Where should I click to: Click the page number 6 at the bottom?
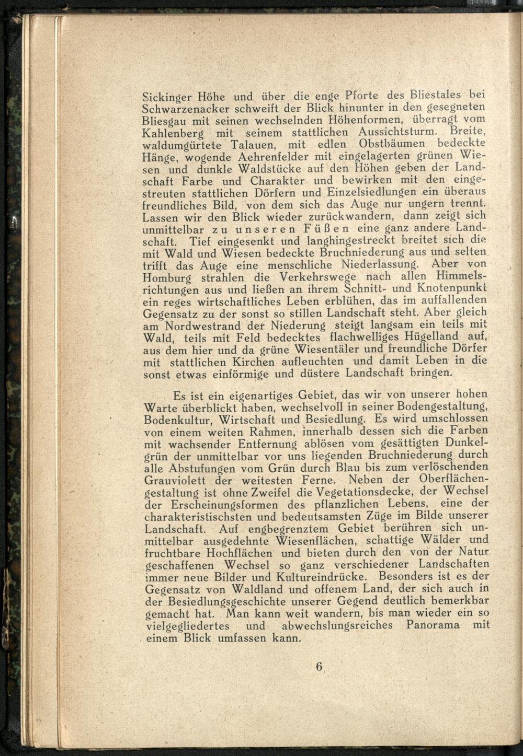tap(320, 667)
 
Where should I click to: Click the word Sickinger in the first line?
tap(169, 97)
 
